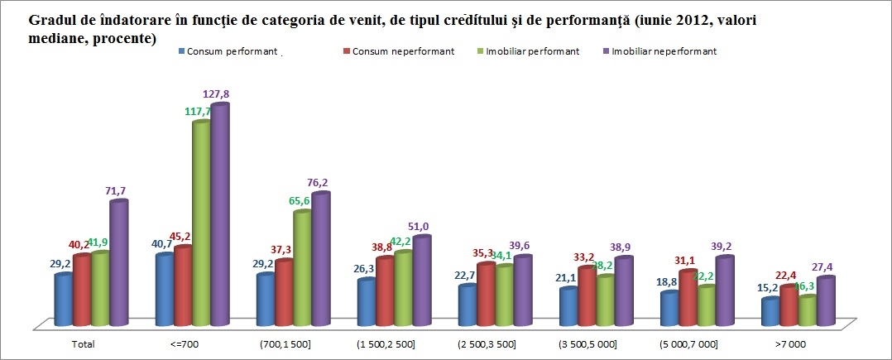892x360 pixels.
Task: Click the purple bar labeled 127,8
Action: pyautogui.click(x=219, y=215)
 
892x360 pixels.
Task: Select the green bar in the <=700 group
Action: pyautogui.click(x=201, y=223)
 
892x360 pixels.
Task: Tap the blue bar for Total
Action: pyautogui.click(x=63, y=300)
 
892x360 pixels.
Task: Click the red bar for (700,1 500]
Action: pyautogui.click(x=284, y=294)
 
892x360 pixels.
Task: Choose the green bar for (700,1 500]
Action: pyautogui.click(x=302, y=269)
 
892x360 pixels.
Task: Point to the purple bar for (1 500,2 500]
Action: pyautogui.click(x=421, y=281)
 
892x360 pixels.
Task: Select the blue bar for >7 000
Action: pyautogui.click(x=770, y=312)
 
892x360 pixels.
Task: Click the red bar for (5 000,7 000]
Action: pyautogui.click(x=688, y=298)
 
